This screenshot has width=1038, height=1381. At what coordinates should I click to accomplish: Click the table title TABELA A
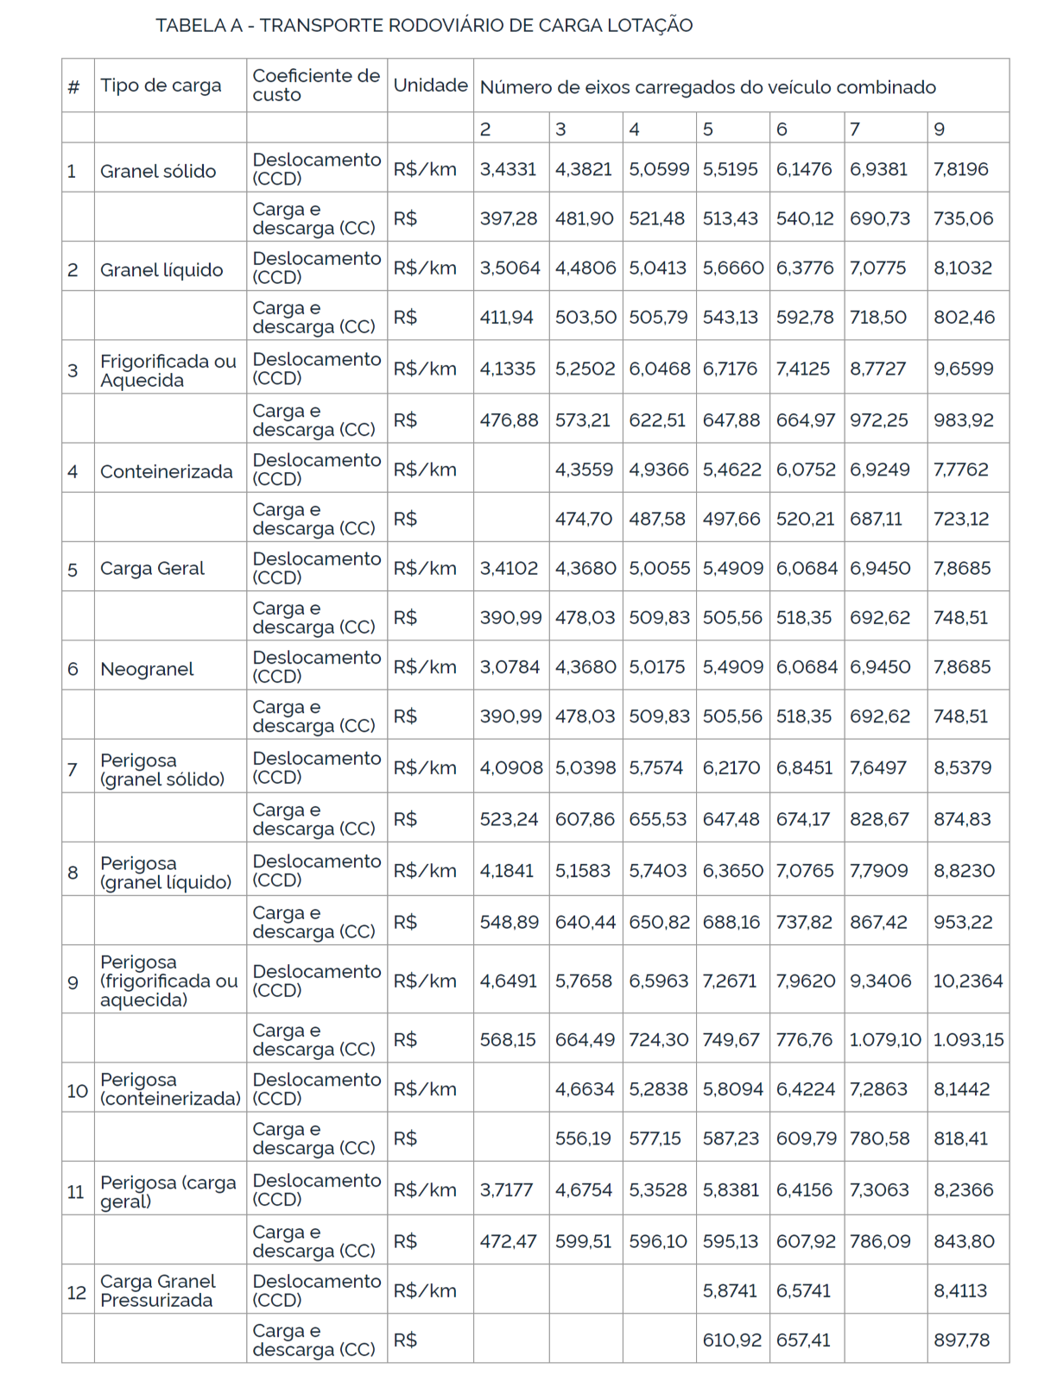pos(423,26)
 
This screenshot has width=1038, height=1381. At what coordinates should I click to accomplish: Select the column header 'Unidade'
pos(430,85)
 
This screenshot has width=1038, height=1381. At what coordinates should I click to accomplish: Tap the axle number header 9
pos(940,129)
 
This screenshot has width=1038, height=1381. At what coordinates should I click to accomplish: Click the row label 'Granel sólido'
pos(158,171)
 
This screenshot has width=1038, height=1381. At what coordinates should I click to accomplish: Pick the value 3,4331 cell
pos(508,169)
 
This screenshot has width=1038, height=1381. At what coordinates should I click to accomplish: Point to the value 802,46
pos(964,317)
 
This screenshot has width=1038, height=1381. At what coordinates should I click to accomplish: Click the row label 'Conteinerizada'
pos(166,471)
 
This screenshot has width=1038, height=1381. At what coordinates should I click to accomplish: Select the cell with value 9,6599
pos(963,369)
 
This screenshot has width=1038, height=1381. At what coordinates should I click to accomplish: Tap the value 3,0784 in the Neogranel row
pos(510,667)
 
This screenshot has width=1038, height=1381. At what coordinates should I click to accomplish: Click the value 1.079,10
pos(885,1039)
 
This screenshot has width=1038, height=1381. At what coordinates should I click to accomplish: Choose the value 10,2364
pos(968,981)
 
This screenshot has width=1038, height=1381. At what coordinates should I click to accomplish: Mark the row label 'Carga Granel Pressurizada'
pos(157,1290)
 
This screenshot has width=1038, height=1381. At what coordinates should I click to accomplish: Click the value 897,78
pos(961,1340)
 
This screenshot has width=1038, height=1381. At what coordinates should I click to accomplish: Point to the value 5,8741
pos(731,1290)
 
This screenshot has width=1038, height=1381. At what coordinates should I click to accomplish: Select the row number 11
pos(76,1192)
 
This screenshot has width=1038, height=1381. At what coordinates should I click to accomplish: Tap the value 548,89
pos(509,922)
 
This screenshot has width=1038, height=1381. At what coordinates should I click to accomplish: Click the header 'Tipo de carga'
pos(161,85)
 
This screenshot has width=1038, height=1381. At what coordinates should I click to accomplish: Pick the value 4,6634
pos(585,1089)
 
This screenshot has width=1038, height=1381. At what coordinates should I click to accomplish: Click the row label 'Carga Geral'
pos(152,569)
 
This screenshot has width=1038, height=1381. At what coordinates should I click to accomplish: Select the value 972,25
pos(879,420)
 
